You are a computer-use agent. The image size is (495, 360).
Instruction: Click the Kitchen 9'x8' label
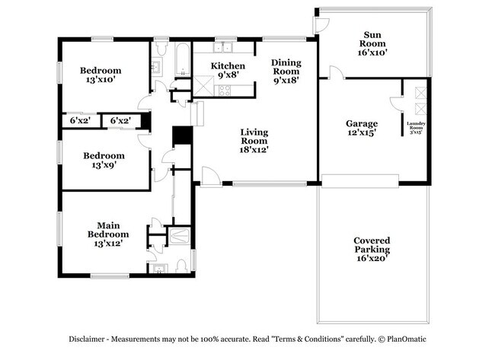tap(227, 70)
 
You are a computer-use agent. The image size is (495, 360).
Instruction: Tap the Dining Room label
tap(287, 71)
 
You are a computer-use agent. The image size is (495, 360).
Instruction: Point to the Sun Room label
tap(372, 43)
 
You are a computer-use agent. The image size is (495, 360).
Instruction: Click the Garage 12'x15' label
tap(361, 127)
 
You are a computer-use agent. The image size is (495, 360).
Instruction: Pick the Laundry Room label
tap(416, 127)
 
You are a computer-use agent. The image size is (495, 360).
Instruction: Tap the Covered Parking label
tap(372, 249)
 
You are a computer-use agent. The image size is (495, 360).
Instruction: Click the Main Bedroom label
tap(107, 234)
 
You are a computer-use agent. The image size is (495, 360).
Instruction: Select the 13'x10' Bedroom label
tap(101, 75)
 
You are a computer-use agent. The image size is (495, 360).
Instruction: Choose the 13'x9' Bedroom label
tap(104, 159)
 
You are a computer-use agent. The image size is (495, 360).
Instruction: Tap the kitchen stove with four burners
tap(225, 91)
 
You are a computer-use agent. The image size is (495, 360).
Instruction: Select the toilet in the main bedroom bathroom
tap(182, 266)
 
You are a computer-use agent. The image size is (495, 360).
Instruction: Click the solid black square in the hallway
tap(181, 135)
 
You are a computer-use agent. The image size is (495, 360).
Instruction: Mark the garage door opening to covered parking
tap(359, 180)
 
